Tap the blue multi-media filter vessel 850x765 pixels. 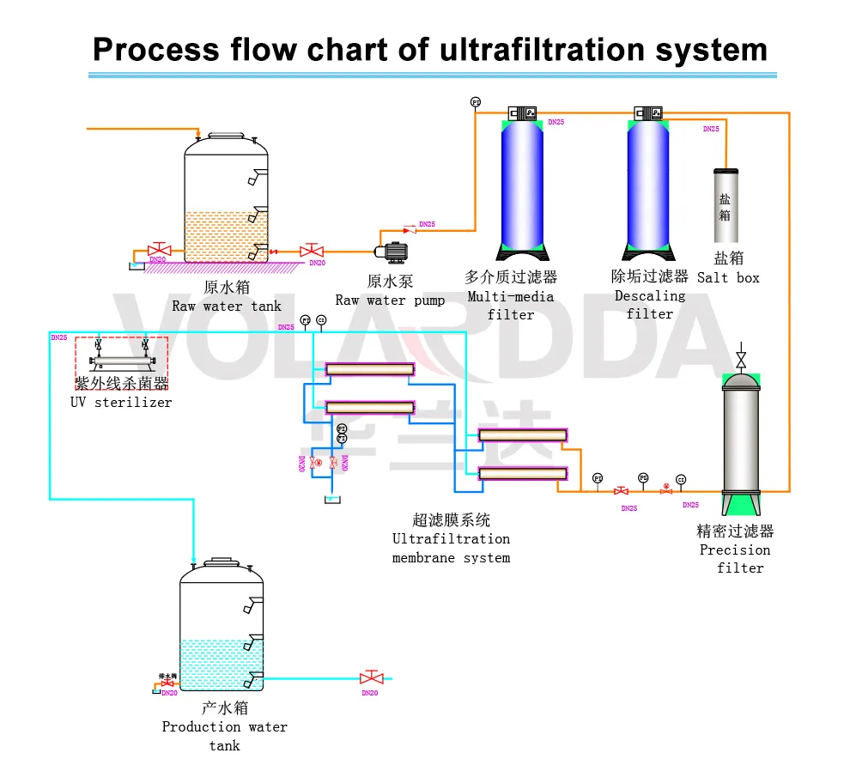tap(521, 185)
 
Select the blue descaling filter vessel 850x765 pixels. tap(648, 185)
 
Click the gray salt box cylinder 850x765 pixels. tap(726, 206)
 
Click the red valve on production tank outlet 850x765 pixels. tap(371, 678)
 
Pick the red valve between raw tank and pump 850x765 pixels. tap(311, 251)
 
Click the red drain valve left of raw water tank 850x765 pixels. tap(159, 251)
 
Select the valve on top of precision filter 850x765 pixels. tap(741, 358)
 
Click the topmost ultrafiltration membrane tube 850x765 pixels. tap(370, 369)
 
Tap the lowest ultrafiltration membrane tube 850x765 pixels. tap(523, 473)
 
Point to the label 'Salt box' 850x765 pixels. tap(728, 277)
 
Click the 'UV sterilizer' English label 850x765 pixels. tap(121, 402)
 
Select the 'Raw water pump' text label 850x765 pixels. tap(390, 300)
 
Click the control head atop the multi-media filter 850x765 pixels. tap(521, 112)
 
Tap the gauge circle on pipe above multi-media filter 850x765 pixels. tap(476, 102)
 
